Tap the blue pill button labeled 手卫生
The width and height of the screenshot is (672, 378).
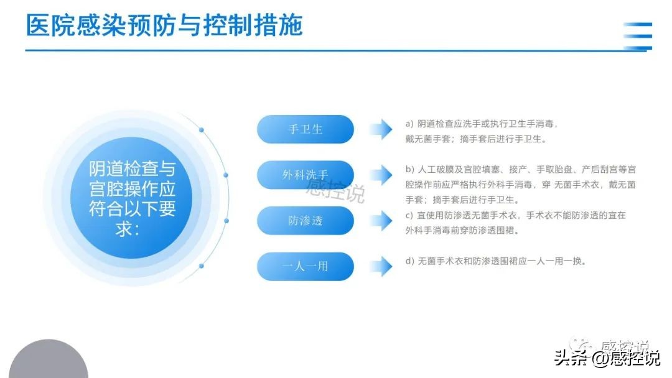(x=306, y=129)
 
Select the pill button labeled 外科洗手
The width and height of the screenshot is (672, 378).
(x=306, y=175)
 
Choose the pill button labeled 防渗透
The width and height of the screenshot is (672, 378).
(x=306, y=221)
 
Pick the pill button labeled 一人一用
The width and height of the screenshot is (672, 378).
(x=306, y=266)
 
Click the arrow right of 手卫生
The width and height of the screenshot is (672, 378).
(x=381, y=129)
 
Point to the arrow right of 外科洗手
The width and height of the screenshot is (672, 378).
(x=381, y=175)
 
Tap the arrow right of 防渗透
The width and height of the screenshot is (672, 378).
(x=381, y=221)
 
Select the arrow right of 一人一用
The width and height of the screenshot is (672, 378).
(x=381, y=266)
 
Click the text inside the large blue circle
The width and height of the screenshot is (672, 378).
(x=132, y=198)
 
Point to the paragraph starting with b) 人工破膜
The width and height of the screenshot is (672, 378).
(x=520, y=185)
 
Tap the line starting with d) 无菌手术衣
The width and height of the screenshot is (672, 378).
(x=496, y=261)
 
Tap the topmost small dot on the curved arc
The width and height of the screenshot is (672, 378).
(x=201, y=130)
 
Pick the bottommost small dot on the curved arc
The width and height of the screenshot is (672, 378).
(x=201, y=266)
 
